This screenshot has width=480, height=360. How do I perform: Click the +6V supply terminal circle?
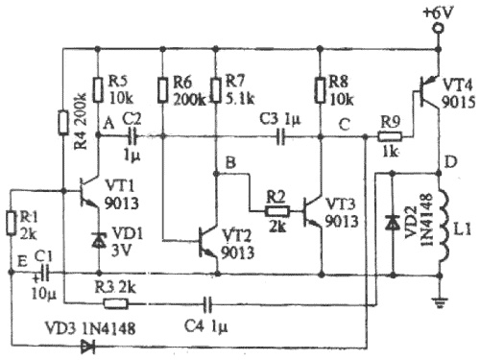[438, 29]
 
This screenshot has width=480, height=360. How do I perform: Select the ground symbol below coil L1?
[440, 301]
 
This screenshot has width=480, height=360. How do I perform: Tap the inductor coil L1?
[444, 225]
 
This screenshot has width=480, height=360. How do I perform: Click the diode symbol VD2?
[392, 223]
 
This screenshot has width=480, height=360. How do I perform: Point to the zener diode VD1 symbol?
[98, 241]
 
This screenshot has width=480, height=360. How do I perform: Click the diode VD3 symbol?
[87, 347]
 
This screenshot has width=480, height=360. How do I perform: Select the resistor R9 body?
[390, 137]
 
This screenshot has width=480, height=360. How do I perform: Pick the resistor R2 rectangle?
[277, 211]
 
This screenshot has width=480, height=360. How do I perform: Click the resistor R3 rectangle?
[115, 303]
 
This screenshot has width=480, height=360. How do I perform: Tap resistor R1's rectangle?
[11, 224]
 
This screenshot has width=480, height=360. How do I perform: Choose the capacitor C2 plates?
[132, 137]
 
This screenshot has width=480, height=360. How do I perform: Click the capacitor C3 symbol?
[280, 137]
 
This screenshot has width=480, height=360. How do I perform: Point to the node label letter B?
[230, 162]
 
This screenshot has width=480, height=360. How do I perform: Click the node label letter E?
[22, 262]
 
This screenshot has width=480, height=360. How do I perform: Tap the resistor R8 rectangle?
[320, 90]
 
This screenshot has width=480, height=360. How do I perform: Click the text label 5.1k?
[240, 99]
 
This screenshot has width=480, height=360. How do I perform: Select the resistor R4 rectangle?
[63, 123]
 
